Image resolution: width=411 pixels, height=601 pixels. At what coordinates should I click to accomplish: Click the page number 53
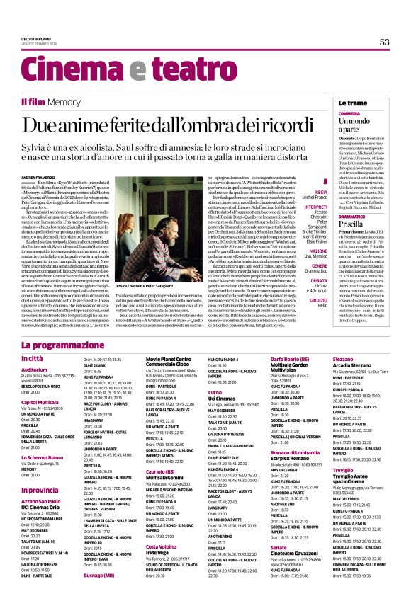(384, 42)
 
